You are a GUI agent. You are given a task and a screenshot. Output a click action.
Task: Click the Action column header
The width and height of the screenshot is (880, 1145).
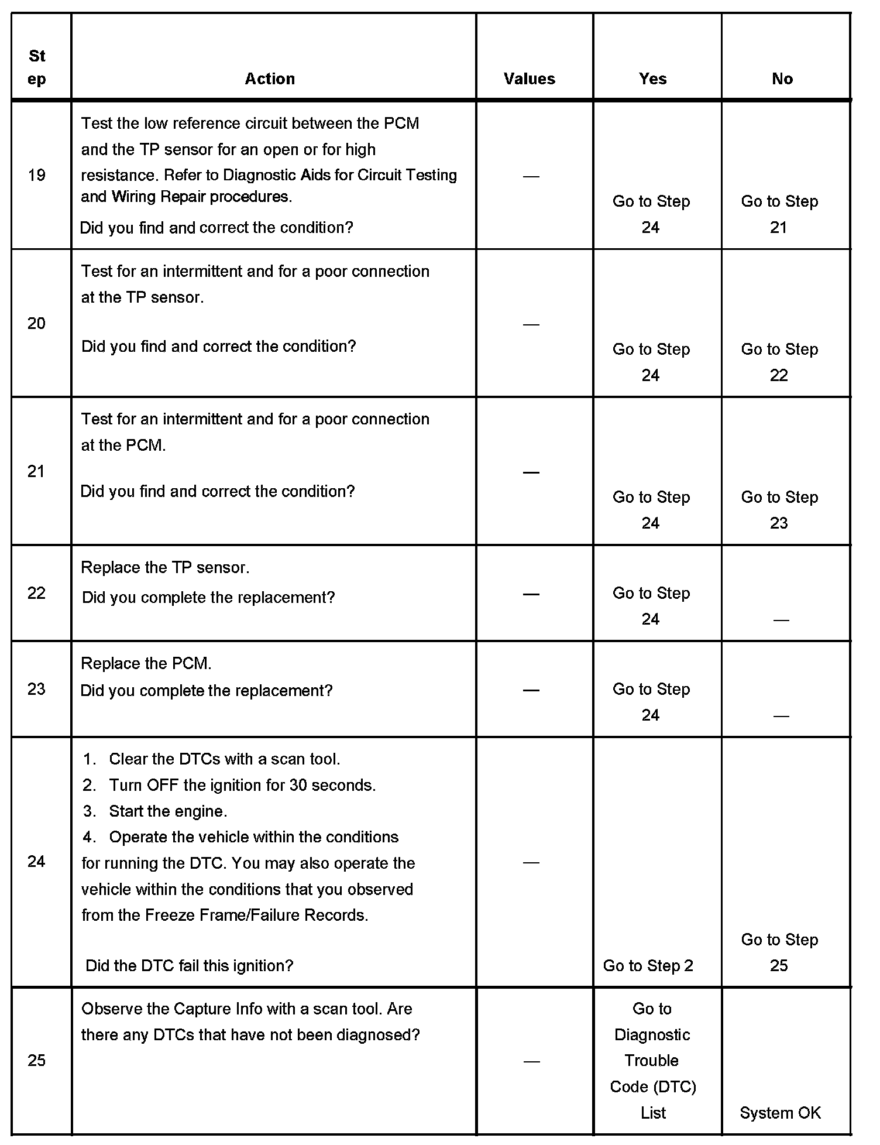coord(270,79)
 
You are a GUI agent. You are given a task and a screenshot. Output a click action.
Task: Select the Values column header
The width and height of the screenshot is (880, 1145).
coord(529,79)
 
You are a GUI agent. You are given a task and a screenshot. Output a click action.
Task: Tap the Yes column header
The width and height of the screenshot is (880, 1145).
coord(652,79)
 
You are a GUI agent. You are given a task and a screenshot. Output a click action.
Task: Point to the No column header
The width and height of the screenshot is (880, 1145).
coord(782,79)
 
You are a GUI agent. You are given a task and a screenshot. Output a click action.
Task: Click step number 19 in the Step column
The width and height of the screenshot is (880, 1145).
coord(36,175)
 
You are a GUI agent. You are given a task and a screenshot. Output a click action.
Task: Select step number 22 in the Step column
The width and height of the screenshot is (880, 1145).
coord(36,593)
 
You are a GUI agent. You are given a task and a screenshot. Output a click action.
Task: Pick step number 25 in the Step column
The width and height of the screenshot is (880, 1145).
coord(36,1060)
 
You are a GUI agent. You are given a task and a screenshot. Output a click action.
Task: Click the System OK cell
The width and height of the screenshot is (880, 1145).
coord(781,1112)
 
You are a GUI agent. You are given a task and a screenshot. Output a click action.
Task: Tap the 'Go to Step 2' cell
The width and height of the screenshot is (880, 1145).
coord(648,965)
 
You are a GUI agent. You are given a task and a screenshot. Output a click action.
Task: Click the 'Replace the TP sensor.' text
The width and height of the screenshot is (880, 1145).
coord(165,567)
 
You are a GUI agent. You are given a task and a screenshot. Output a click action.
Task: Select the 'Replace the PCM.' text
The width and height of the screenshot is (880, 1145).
coord(146,663)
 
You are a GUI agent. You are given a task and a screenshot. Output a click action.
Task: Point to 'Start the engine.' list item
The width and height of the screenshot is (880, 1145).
coord(168,811)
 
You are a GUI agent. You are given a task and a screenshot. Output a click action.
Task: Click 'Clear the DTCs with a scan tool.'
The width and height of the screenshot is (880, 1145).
coord(224,759)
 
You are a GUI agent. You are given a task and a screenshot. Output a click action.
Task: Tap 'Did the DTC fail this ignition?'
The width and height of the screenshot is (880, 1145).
coord(189,965)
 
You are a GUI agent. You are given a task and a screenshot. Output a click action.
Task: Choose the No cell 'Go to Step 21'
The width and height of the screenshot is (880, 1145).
coord(779,214)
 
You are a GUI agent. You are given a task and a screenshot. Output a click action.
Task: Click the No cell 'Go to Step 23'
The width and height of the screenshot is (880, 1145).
coord(779,510)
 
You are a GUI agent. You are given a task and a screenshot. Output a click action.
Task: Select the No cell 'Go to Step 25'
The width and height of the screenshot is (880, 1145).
coord(779,952)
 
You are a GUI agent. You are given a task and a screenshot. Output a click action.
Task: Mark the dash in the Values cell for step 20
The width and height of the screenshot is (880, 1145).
coord(531,324)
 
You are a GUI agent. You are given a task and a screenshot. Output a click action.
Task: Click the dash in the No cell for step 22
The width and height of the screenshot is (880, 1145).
coord(781,620)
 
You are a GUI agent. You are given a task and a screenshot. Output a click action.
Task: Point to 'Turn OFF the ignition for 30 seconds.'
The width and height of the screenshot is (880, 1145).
coord(242,785)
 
